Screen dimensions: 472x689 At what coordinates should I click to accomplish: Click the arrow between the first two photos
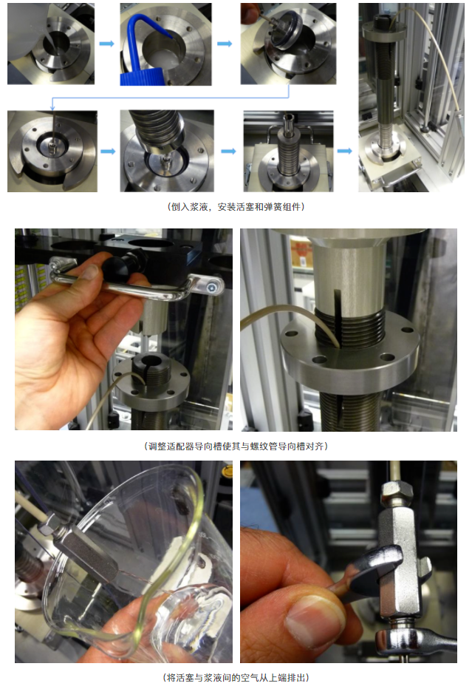(106, 44)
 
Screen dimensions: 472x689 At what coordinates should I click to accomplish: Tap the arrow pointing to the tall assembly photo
(345, 151)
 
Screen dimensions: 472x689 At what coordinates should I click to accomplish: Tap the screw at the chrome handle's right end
(212, 288)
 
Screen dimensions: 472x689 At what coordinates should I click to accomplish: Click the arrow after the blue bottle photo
(225, 44)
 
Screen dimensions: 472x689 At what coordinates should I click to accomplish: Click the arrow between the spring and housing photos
(228, 151)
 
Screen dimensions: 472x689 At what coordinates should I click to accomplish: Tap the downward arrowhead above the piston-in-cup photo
(52, 108)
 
